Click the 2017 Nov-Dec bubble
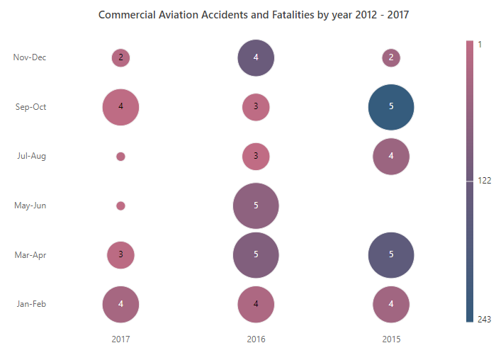[120, 58]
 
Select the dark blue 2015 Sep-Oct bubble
[391, 107]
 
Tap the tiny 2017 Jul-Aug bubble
[120, 157]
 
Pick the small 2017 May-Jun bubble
[120, 206]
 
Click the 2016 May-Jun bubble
[256, 206]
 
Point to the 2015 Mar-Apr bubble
[391, 255]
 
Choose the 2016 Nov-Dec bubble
[256, 58]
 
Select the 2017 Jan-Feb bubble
[120, 304]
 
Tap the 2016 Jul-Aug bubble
[256, 157]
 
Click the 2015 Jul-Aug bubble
[391, 157]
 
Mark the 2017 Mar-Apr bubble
[120, 255]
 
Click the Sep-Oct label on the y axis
[30, 107]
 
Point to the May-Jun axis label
[30, 206]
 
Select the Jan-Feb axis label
[31, 304]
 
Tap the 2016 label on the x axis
[256, 339]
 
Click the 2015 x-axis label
[391, 339]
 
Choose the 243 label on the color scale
[484, 320]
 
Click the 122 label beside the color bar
[484, 181]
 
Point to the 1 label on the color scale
[480, 45]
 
